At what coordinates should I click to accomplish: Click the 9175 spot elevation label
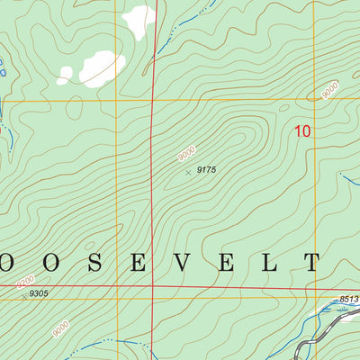pos(208,169)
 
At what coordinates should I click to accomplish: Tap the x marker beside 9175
pos(188,171)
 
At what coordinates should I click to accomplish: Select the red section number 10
pos(302,131)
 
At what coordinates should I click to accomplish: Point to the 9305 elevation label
pos(39,293)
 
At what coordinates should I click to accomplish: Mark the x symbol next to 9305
pos(23,295)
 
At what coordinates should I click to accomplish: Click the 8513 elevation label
pos(349,300)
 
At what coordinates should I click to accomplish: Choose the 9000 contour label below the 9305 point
pos(60,329)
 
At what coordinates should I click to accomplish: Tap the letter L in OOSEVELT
pos(277,262)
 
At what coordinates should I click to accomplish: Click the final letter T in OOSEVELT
pos(311,262)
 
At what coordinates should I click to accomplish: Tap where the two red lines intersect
pos(153,289)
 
